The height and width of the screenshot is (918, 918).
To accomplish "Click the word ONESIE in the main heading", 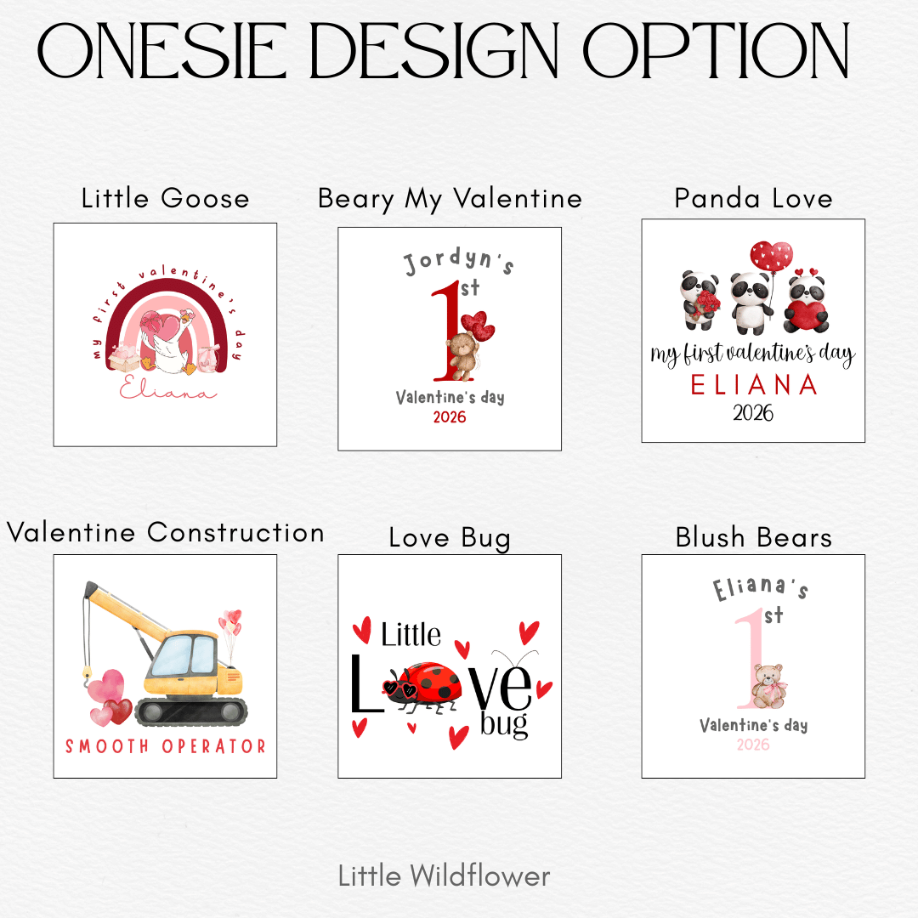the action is click(x=162, y=51).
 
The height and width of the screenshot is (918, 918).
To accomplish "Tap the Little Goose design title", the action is click(x=165, y=198).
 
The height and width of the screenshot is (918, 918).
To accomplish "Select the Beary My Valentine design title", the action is click(x=450, y=199).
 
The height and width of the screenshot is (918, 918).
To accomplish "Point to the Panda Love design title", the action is click(x=753, y=198).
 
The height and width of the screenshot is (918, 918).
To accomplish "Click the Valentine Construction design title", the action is click(x=165, y=532).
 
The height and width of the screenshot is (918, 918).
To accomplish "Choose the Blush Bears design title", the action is click(x=753, y=537).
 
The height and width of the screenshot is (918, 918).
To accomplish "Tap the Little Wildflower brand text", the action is click(x=444, y=875).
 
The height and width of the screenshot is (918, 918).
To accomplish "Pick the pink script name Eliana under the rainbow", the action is click(x=167, y=388).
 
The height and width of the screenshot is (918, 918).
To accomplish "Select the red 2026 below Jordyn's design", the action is click(x=450, y=416).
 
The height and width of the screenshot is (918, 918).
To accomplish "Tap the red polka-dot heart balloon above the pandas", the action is click(x=771, y=256).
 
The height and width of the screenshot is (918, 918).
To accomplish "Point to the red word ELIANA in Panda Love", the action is click(x=754, y=385).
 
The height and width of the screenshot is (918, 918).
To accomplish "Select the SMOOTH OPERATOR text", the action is click(x=165, y=746).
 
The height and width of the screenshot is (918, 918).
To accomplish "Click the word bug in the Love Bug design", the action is click(x=504, y=723).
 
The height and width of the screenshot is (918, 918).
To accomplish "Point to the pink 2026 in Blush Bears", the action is click(x=753, y=745).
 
